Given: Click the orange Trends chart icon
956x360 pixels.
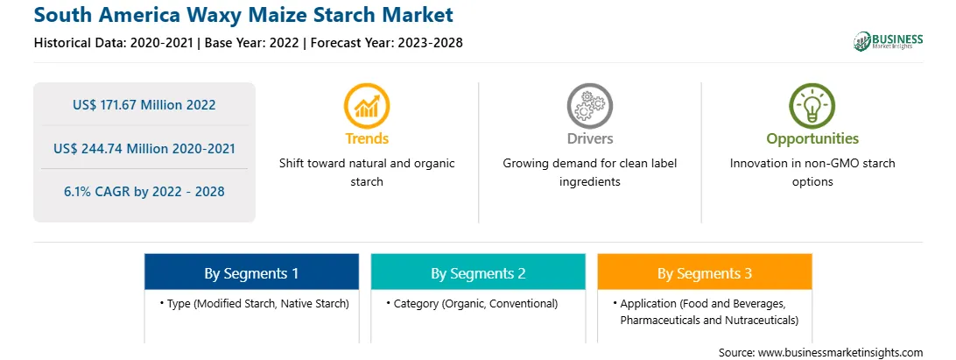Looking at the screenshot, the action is pos(367,106).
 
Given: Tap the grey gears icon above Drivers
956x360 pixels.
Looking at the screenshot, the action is pos(589,106).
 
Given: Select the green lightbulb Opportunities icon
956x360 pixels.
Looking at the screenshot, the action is pos(812,106).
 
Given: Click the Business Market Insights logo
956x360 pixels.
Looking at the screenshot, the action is pos(889,41).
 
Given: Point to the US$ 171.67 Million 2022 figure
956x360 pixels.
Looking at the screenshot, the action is pos(144,104).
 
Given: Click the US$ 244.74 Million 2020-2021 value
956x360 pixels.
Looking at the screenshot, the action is pos(144,148).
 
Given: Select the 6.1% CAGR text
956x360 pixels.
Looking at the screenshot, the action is pos(144,192).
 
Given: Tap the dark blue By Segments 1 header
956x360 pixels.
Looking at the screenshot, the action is pos(252,272).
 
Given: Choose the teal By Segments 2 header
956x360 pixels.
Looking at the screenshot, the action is pos(478,272).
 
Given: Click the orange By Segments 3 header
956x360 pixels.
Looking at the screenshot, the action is pos(705,272).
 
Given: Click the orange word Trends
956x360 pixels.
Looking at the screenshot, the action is pos(367,138).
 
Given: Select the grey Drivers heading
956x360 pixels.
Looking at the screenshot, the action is pos(590,138).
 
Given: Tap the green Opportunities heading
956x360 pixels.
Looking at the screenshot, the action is pos(812,139).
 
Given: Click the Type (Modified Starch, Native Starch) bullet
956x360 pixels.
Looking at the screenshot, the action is pos(254,303).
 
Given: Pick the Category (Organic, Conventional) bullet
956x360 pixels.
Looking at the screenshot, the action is pos(472,303).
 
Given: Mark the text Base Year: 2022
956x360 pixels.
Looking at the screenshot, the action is pos(252,43).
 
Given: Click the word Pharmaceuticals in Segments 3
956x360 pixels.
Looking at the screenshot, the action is pos(656,320).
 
